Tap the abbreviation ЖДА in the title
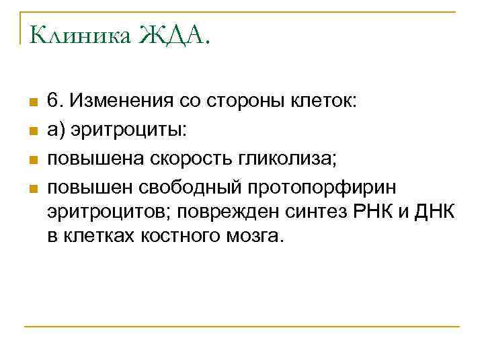175,34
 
